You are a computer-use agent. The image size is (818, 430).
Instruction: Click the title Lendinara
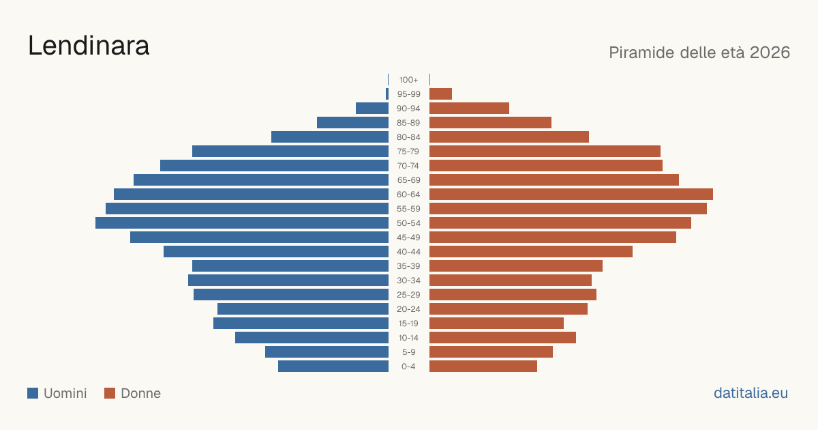[x=89, y=45]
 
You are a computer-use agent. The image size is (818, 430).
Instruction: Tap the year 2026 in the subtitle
[x=770, y=53]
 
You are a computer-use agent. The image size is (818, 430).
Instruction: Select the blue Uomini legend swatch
[x=33, y=393]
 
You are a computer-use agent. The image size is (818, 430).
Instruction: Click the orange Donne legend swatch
[x=110, y=393]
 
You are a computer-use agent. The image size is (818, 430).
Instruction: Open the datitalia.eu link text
[x=751, y=393]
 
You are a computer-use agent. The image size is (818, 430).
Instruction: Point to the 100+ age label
[x=408, y=80]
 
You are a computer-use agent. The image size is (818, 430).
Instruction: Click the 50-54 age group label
[x=408, y=223]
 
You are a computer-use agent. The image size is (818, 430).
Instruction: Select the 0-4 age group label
[x=408, y=367]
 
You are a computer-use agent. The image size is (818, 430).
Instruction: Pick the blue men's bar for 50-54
[x=242, y=223]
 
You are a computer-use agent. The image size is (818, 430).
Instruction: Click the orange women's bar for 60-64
[x=571, y=194]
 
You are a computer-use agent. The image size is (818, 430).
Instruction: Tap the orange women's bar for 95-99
[x=441, y=94]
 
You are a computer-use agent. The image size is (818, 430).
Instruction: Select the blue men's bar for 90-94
[x=372, y=109]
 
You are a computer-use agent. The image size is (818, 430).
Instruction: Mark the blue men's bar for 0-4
[x=333, y=367]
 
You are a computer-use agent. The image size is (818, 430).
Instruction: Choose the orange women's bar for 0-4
[x=483, y=367]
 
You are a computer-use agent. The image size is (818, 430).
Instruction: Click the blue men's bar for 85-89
[x=353, y=122]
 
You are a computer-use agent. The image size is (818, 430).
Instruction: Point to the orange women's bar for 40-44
[x=531, y=252]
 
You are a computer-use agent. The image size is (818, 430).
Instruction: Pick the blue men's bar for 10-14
[x=312, y=337]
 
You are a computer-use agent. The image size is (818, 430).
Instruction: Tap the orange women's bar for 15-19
[x=497, y=324]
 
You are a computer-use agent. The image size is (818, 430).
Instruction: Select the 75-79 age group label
[x=408, y=152]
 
